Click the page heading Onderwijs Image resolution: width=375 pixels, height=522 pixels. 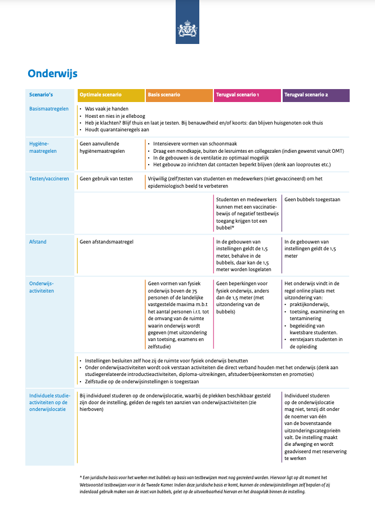[x=52, y=73]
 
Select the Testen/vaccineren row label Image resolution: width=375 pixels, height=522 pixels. [x=49, y=179]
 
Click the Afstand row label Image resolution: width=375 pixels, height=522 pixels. [x=38, y=242]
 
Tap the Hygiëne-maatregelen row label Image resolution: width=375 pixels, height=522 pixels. [x=43, y=147]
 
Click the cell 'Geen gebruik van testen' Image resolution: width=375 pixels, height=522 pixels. [x=106, y=179]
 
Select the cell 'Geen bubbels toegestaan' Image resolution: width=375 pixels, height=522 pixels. [x=312, y=199]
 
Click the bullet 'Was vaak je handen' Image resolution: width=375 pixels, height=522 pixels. [x=106, y=108]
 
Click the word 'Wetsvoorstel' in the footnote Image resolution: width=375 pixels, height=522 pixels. [x=93, y=484]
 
